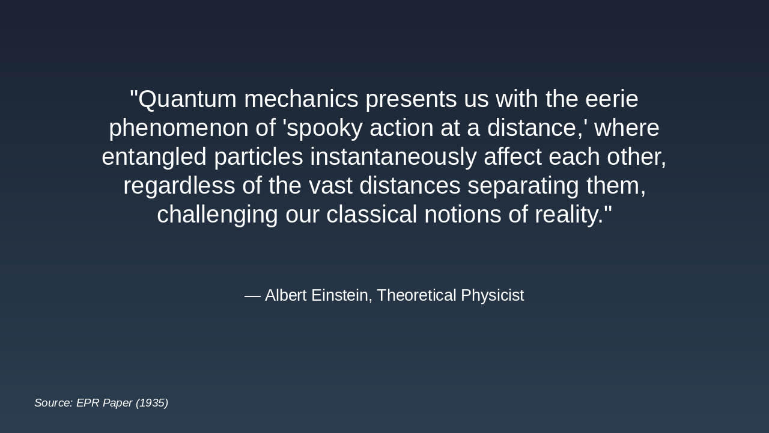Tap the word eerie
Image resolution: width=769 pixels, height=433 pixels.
tap(612, 99)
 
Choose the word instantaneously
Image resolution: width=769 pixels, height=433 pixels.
tap(394, 157)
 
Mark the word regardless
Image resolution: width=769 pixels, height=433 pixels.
tap(179, 186)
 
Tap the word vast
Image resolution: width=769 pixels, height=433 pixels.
tap(330, 186)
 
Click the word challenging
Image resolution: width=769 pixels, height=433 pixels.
tap(217, 215)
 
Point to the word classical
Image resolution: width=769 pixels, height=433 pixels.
tap(371, 215)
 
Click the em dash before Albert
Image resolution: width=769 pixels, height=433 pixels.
tap(252, 295)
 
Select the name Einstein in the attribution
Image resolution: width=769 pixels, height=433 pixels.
tap(341, 295)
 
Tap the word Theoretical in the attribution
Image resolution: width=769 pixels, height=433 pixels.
tap(416, 295)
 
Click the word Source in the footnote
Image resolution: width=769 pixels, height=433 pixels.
tap(53, 403)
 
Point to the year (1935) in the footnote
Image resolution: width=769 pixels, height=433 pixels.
tap(152, 403)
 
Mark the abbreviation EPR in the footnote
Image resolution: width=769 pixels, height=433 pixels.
tap(88, 403)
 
